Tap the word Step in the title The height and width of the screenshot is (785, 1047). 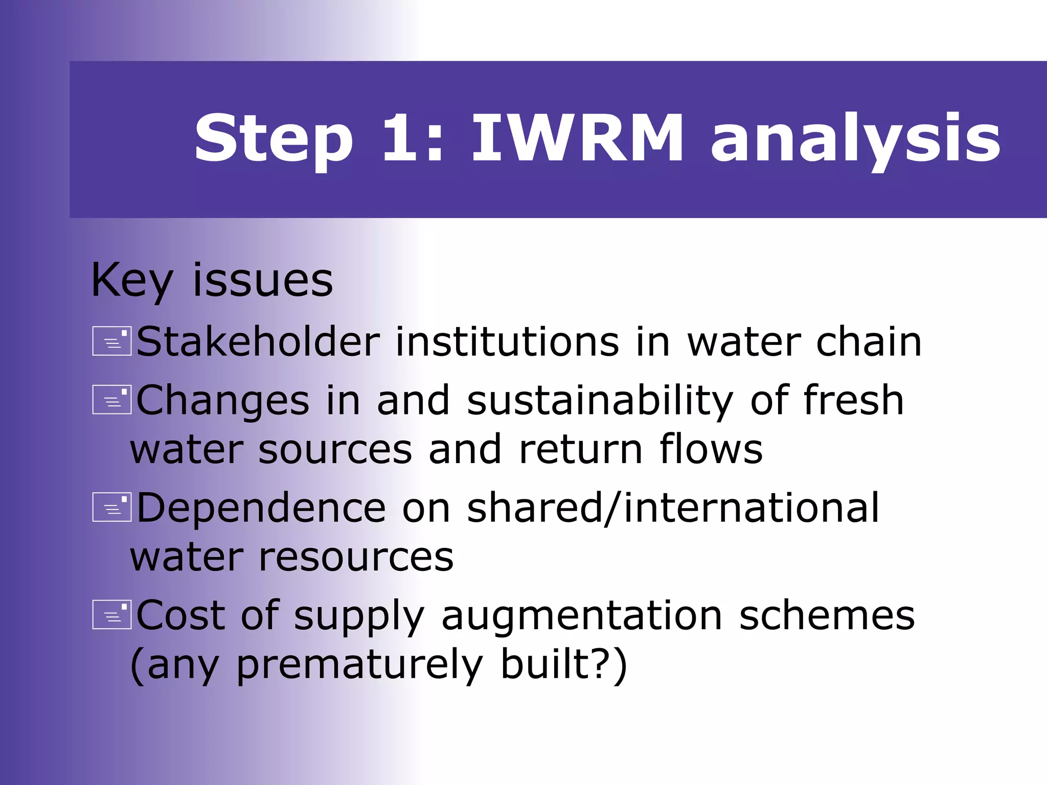(274, 139)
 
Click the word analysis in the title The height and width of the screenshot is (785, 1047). (855, 139)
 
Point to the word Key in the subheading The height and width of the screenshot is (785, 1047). (132, 281)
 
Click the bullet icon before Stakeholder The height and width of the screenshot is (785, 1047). (112, 341)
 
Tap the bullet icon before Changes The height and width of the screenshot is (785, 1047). (112, 399)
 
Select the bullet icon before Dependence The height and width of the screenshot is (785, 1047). (112, 507)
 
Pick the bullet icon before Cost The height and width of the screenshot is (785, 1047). (112, 614)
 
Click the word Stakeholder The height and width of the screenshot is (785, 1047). (258, 341)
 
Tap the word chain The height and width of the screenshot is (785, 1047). (869, 341)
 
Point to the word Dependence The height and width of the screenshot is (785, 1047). (261, 507)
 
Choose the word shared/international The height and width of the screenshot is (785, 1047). (673, 507)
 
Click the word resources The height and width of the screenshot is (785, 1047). (356, 557)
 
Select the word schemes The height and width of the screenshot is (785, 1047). (827, 615)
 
